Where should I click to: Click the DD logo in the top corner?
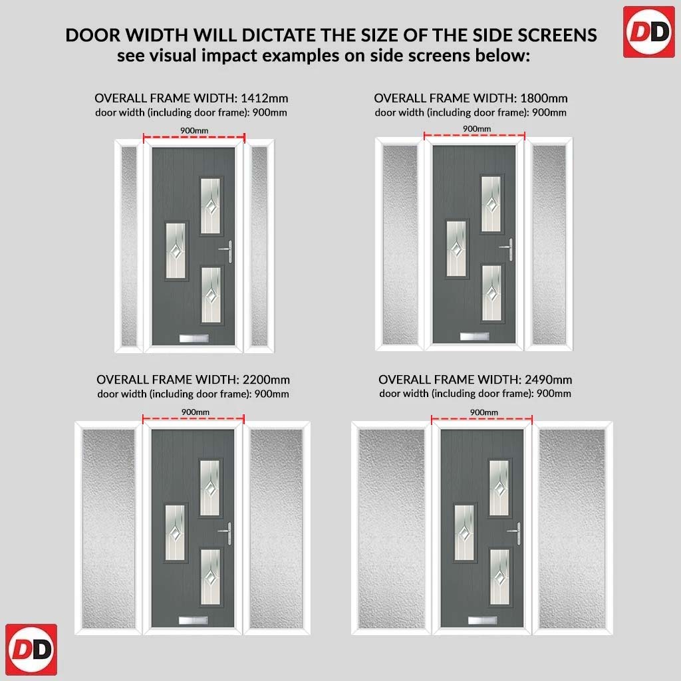[648, 32]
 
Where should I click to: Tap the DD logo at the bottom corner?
[31, 649]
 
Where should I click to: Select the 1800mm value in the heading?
[544, 98]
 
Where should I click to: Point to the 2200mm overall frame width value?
[266, 380]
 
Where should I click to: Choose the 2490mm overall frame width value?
[548, 380]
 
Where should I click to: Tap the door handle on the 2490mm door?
[514, 533]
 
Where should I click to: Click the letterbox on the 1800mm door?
[474, 336]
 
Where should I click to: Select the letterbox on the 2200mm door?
[194, 620]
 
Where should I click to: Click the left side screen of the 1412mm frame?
[129, 246]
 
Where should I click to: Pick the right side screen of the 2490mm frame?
[571, 529]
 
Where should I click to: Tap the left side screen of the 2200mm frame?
[108, 529]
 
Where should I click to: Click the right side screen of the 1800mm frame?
[549, 245]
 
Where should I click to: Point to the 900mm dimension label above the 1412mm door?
[194, 131]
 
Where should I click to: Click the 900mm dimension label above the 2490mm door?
[484, 412]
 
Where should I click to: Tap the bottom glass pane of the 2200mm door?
[210, 577]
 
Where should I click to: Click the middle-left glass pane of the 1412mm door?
[176, 251]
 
